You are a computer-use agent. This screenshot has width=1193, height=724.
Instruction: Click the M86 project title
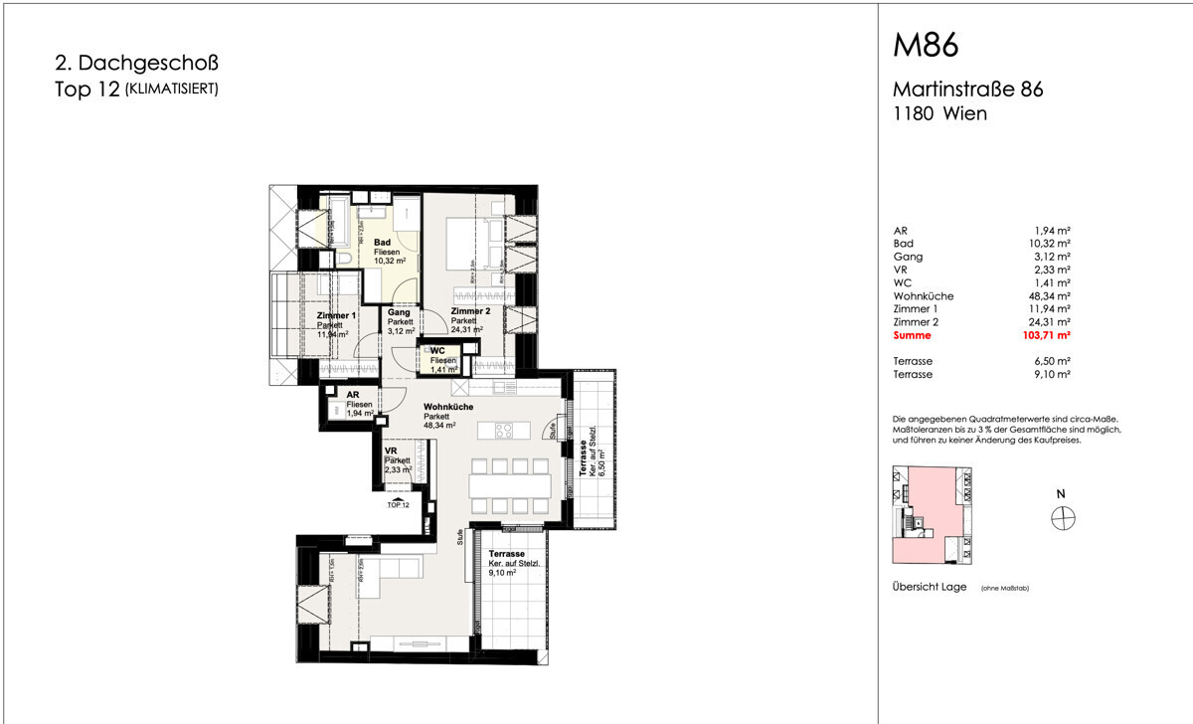(926, 47)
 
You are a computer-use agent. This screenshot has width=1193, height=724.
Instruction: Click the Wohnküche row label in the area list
(923, 295)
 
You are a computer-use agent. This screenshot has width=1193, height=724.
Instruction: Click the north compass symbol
(1064, 518)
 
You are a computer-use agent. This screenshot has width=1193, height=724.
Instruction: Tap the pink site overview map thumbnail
(932, 515)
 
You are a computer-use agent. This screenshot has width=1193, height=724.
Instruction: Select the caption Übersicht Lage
(930, 588)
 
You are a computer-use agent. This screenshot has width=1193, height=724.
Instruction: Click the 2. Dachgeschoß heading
(137, 64)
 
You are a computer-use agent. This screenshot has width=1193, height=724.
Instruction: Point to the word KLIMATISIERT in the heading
(170, 90)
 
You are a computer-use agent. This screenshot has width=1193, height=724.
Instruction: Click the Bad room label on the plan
(382, 243)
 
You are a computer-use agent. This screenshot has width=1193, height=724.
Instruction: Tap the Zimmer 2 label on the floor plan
(468, 311)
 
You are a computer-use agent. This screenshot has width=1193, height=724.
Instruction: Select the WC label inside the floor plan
(437, 349)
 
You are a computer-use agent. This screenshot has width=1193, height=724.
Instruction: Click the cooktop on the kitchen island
(502, 431)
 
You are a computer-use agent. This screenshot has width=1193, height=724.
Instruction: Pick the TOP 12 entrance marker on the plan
(398, 505)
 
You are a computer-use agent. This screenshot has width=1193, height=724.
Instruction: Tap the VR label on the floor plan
(391, 451)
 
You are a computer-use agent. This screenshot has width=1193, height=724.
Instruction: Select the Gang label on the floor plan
(400, 312)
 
